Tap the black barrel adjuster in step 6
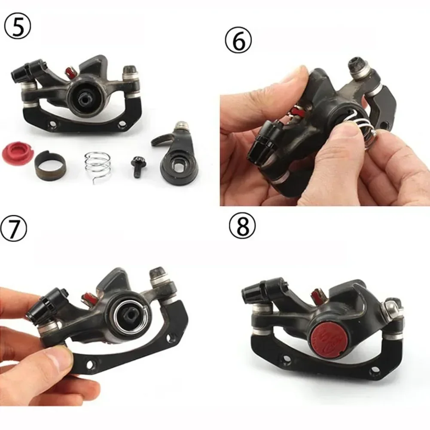click(262, 141)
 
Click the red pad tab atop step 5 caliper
click(68, 70)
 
